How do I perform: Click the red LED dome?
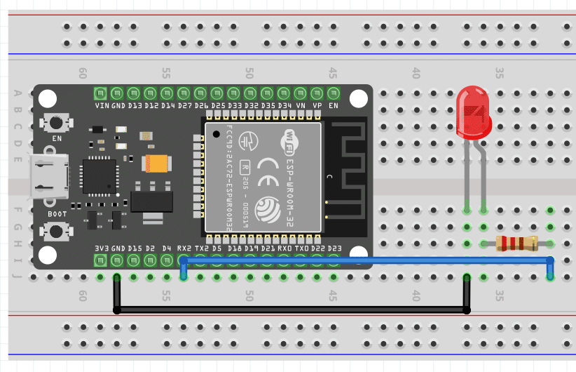474,112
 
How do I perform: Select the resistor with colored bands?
516,244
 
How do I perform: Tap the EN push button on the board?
55,121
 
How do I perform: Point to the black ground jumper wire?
291,310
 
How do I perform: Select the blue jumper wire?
364,261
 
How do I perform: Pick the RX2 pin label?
184,248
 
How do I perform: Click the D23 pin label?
334,248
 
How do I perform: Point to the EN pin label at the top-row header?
334,105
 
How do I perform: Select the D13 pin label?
134,105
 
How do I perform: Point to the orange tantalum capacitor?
155,164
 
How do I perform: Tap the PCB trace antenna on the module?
348,172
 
